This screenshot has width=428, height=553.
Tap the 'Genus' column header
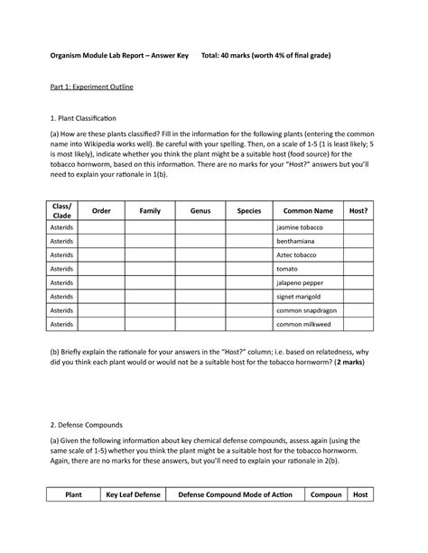(x=200, y=210)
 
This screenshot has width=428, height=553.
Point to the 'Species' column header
(x=248, y=210)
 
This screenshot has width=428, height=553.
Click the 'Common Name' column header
(x=308, y=210)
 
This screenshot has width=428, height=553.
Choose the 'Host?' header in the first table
(x=358, y=210)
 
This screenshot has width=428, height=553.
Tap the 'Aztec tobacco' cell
(x=299, y=255)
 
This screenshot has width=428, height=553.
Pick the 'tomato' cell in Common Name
(x=289, y=269)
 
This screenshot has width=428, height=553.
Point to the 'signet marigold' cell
(x=302, y=296)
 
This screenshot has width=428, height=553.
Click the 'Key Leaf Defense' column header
(x=132, y=495)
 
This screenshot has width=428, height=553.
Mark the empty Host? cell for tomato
(x=358, y=269)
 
